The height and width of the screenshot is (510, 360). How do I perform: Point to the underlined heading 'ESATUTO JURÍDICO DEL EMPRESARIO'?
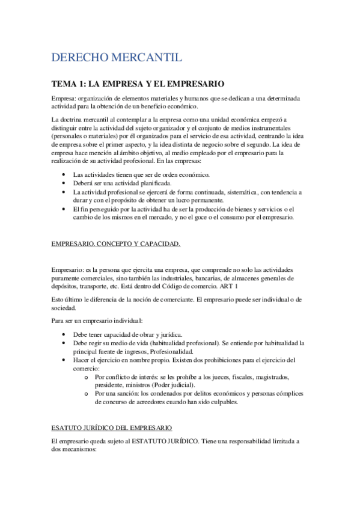[x=112, y=428]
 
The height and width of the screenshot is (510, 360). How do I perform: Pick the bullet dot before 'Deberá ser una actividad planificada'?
[x=66, y=183]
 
